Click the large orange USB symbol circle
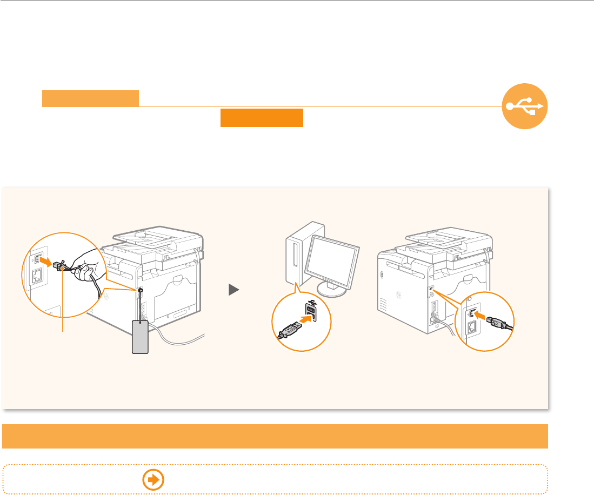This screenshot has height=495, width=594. point(525,106)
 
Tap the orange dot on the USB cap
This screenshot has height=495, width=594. point(63,267)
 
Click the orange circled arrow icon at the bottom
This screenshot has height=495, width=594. point(153,479)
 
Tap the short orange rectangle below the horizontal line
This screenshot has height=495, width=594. point(262,118)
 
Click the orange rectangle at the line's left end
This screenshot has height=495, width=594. point(91,99)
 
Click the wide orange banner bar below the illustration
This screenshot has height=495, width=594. point(275,436)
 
